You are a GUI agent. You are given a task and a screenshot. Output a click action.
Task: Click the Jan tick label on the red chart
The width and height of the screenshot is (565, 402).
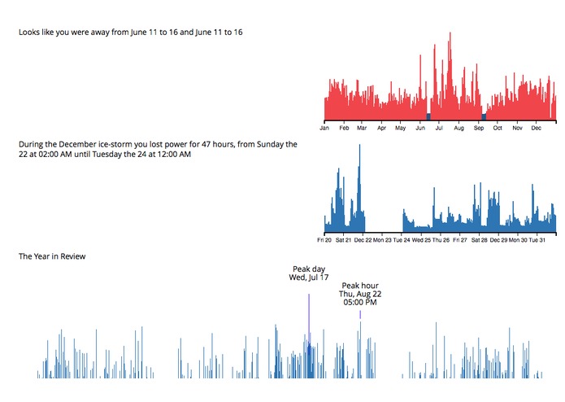[x=324, y=128]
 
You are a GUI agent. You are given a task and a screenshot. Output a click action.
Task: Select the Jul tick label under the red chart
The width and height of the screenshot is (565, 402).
[x=439, y=128]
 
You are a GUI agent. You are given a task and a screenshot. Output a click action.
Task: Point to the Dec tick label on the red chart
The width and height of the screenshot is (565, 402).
[x=537, y=128]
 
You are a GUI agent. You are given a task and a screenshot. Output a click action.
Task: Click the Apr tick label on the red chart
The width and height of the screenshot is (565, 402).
[x=381, y=128]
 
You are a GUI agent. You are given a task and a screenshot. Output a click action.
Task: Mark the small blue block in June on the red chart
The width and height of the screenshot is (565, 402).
[x=428, y=117]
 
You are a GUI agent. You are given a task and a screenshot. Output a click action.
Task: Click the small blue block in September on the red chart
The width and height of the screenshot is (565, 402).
[x=484, y=117]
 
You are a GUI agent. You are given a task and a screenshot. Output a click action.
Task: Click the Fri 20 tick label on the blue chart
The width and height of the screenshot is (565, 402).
[x=325, y=240]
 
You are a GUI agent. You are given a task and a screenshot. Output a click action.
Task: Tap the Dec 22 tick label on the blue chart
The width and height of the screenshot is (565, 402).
[x=363, y=240]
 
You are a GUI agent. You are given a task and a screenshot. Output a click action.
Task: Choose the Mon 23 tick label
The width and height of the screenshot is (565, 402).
[x=383, y=240]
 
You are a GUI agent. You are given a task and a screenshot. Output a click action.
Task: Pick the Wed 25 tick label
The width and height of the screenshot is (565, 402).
[x=422, y=240]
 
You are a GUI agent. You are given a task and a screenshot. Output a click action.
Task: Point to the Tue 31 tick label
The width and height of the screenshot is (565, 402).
[x=539, y=240]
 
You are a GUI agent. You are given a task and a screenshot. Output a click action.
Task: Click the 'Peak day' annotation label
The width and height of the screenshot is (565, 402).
[x=309, y=269]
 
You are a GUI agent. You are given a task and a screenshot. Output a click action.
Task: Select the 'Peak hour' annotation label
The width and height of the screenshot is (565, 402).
[x=360, y=286]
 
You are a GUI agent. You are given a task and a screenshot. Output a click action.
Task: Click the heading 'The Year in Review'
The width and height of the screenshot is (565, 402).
[x=52, y=256]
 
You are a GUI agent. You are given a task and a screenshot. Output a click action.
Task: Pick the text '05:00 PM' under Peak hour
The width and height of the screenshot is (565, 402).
[x=360, y=303]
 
